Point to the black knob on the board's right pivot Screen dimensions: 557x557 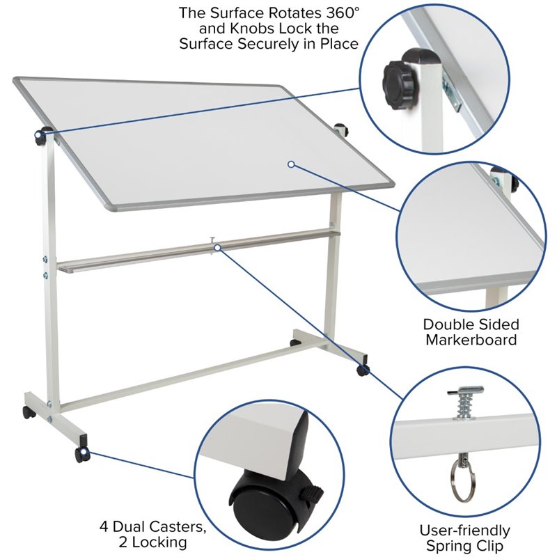(342, 130)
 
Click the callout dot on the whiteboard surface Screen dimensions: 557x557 (291, 164)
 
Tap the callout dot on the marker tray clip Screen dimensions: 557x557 (217, 247)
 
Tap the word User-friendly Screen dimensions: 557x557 (464, 531)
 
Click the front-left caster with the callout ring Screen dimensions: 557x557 (83, 455)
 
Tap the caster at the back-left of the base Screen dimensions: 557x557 (28, 412)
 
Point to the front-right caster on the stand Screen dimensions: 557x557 (363, 369)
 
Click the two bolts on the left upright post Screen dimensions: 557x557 (45, 267)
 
